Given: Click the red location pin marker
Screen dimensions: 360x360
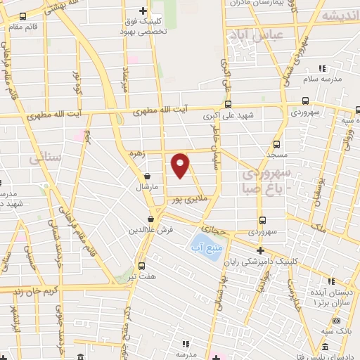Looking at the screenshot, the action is pyautogui.click(x=181, y=165).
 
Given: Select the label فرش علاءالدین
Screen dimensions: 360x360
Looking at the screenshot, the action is pyautogui.click(x=146, y=230).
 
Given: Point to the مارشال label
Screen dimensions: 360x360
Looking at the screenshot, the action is pyautogui.click(x=148, y=188).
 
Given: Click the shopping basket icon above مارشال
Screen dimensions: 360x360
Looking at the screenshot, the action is pyautogui.click(x=147, y=176).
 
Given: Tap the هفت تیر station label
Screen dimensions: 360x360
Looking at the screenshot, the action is pyautogui.click(x=141, y=276).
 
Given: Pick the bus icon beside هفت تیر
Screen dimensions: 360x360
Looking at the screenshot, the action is pyautogui.click(x=141, y=266).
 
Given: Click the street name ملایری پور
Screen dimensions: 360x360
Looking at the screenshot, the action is pyautogui.click(x=189, y=200).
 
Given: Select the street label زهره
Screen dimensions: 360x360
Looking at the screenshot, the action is pyautogui.click(x=136, y=153).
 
